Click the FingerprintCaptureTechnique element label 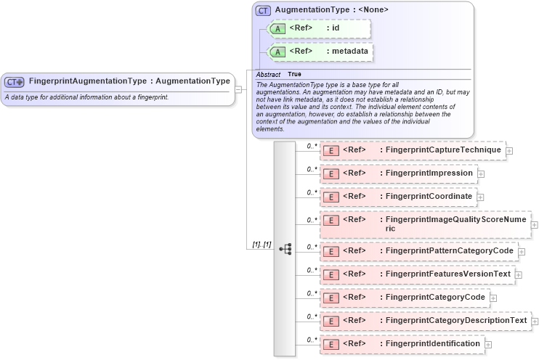tap(443, 150)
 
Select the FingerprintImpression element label tap(429, 173)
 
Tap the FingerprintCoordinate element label tap(429, 197)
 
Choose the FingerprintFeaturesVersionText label tap(448, 274)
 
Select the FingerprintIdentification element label tap(433, 343)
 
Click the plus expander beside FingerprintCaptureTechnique tap(509, 151)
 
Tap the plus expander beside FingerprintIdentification tap(488, 344)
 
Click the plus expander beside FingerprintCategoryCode tap(493, 298)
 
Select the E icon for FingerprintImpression tap(331, 174)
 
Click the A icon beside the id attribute tap(277, 29)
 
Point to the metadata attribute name tap(350, 51)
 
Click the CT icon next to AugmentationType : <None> tap(263, 10)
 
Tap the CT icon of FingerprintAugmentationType tap(15, 82)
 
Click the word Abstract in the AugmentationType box tap(268, 75)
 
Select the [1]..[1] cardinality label tap(262, 245)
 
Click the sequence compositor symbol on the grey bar tap(285, 248)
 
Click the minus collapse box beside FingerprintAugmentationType tap(238, 89)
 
